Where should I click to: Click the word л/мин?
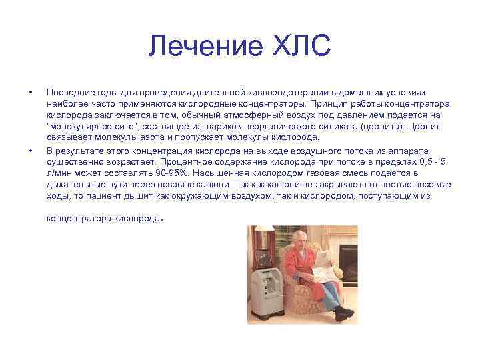59,173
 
